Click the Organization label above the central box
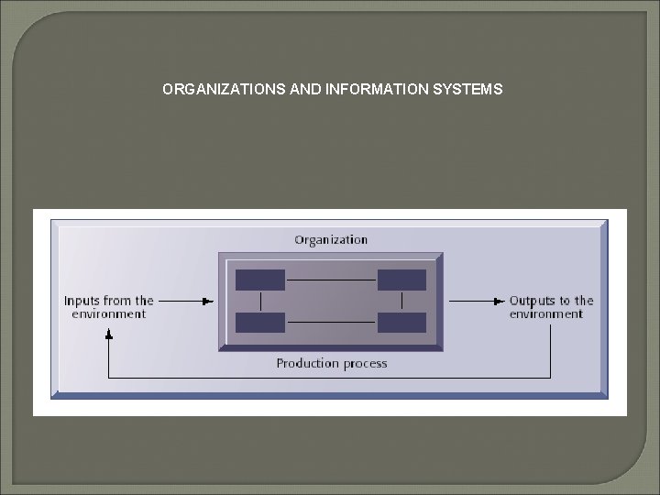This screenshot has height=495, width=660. (x=331, y=240)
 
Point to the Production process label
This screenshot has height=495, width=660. (x=332, y=364)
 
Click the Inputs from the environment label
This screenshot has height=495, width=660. (x=108, y=307)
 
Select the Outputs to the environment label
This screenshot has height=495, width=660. (x=551, y=307)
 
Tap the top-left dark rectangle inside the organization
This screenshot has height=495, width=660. (x=260, y=280)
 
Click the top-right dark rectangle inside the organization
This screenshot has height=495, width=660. (x=401, y=280)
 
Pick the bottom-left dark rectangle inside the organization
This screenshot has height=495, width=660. (x=260, y=322)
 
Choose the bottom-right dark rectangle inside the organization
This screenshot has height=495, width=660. (x=401, y=322)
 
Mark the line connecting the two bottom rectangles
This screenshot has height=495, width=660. (x=331, y=322)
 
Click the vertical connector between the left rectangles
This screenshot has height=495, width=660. (x=261, y=301)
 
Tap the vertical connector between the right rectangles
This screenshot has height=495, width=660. (x=401, y=301)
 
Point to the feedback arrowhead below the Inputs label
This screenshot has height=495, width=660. (x=108, y=335)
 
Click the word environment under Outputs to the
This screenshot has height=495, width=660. (x=546, y=314)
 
